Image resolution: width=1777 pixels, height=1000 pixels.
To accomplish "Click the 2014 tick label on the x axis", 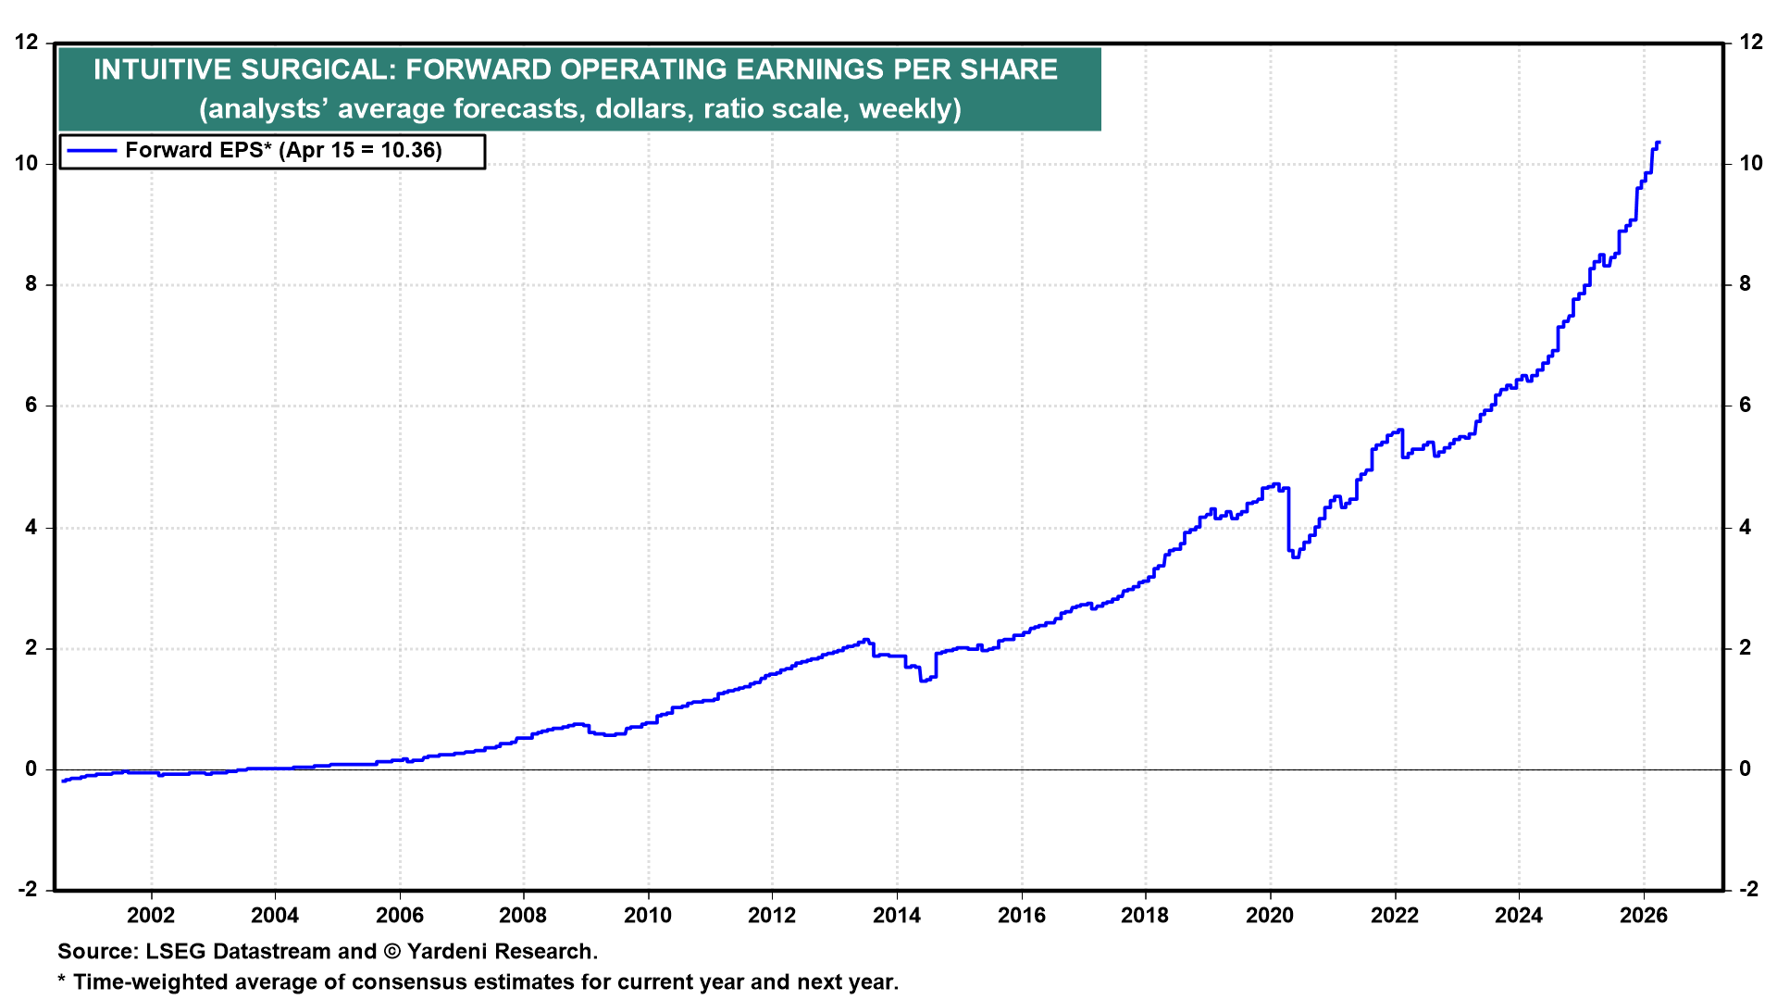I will (x=896, y=916).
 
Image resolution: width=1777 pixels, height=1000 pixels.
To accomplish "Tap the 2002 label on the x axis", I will (x=151, y=916).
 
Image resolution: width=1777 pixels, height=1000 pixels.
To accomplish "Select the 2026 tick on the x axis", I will (x=1643, y=916).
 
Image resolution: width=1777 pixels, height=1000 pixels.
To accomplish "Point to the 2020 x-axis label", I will (x=1269, y=916).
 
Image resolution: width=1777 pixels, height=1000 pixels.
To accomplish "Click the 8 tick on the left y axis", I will (x=32, y=284).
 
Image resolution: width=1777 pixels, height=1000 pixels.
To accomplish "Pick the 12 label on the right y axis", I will (x=1750, y=42).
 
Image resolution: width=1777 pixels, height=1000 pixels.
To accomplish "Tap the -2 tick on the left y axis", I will (x=29, y=890).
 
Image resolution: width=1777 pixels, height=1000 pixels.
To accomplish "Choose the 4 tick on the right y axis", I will (x=1746, y=528).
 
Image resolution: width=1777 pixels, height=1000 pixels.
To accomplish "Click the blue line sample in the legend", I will (x=92, y=151).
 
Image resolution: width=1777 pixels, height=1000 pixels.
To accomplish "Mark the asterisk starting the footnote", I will (x=62, y=981).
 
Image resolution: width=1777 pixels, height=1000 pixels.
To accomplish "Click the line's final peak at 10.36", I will (x=1658, y=143).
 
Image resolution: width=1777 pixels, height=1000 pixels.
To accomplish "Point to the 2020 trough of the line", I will (x=1295, y=556).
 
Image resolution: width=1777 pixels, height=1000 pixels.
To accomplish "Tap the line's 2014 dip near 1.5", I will (x=923, y=681).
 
